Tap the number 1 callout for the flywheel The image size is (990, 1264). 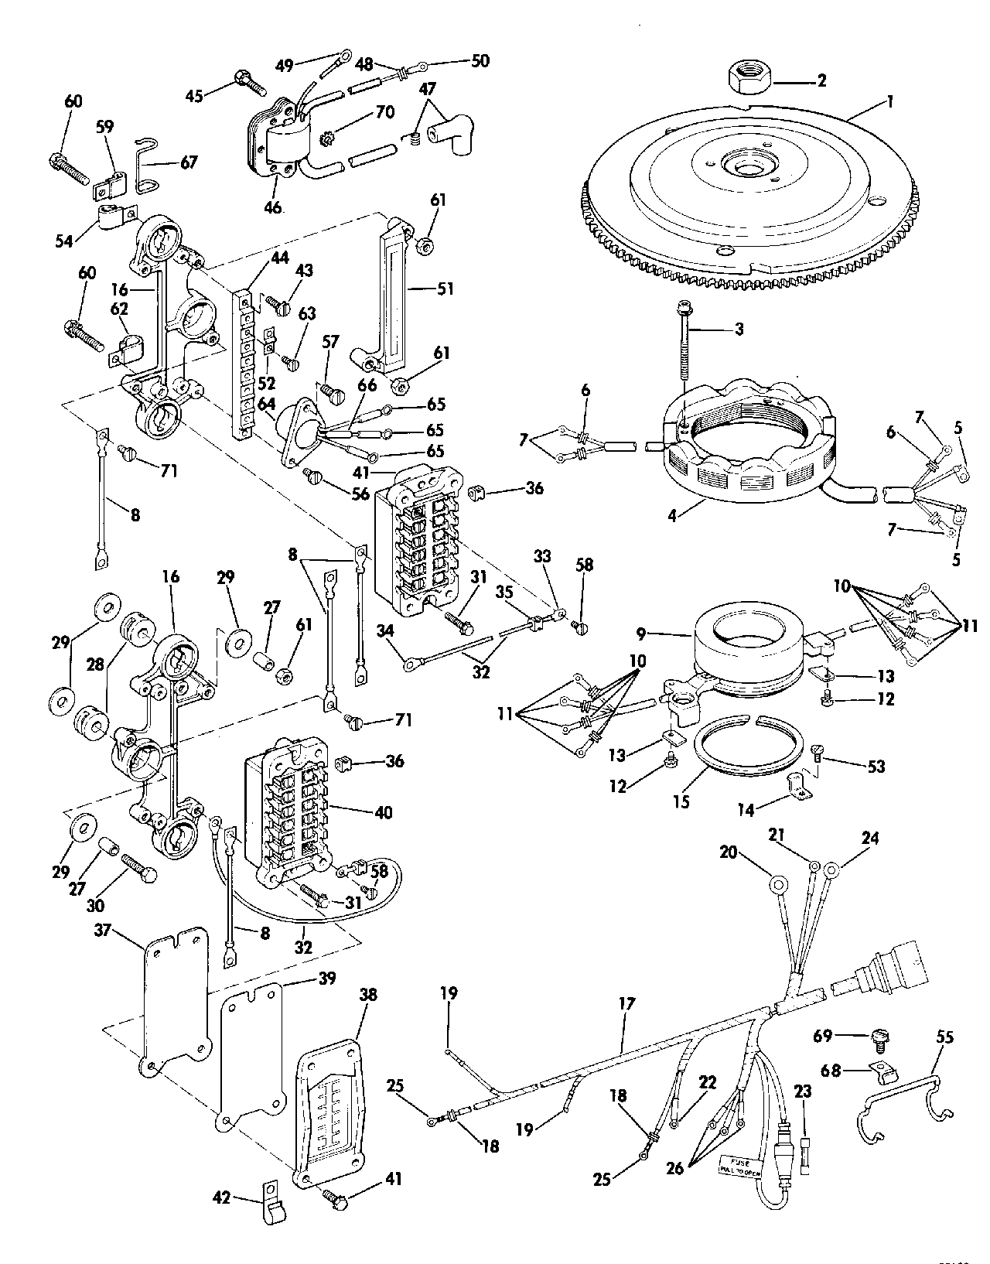[890, 101]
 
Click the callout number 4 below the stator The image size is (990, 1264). [672, 514]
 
